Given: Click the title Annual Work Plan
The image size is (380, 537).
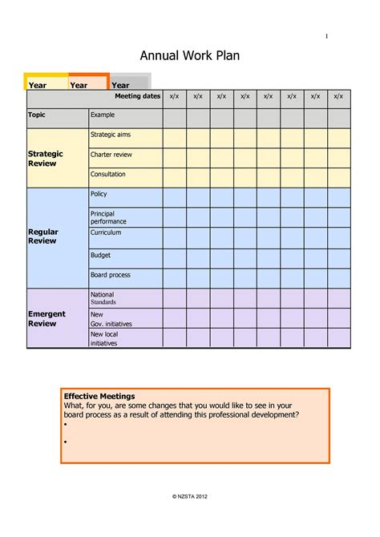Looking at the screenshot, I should point(190,55).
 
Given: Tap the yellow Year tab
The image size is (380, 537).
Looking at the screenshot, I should point(38,85).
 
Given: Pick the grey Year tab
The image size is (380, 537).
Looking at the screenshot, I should point(121,85).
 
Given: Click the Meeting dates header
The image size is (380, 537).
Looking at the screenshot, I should point(137,97).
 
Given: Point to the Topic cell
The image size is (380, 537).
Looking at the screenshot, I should point(37,115).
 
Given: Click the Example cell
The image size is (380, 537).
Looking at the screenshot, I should point(103,115).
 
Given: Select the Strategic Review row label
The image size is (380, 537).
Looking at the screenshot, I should point(45,158).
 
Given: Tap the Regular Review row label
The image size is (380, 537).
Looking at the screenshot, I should point(43,236).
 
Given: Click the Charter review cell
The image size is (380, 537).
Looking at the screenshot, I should point(111,155).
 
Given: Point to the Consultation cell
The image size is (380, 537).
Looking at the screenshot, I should point(108,174).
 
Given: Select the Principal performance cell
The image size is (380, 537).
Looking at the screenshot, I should point(108,217).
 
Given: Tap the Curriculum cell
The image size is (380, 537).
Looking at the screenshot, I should point(106,232).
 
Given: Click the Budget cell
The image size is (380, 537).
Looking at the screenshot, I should point(101,254).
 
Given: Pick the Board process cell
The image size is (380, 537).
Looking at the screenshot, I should point(111,275).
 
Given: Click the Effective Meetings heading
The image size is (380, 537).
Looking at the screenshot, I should point(99,396).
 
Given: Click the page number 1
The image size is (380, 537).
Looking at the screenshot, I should point(326,36).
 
